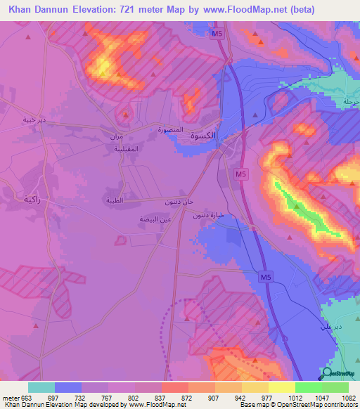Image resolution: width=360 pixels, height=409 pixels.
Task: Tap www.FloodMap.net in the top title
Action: point(239,9)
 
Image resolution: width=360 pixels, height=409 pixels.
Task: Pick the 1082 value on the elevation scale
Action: point(347,397)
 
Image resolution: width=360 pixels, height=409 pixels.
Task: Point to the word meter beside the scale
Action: point(10,397)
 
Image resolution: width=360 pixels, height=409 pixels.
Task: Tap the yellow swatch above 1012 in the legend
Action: point(281,387)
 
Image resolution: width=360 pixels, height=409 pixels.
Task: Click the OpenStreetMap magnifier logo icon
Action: point(327,373)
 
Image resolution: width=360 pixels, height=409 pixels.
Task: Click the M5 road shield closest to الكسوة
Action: point(241,173)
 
